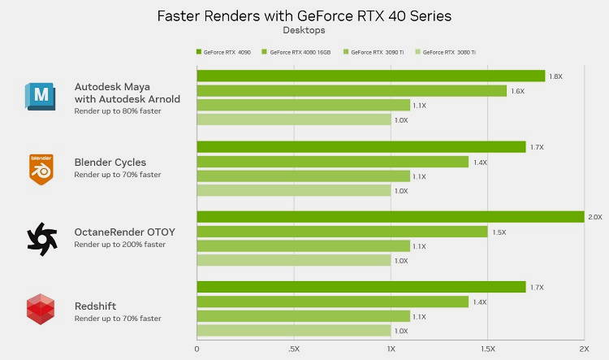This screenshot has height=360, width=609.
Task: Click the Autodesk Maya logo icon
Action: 41,96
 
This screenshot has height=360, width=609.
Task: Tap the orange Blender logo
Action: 41,168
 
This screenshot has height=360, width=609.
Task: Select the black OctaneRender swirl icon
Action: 42,238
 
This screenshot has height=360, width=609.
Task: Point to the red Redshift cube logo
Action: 41,310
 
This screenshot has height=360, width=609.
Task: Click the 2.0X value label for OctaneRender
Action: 595,217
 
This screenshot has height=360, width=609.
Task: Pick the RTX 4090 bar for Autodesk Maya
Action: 370,76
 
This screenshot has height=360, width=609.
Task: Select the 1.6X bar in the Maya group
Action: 351,91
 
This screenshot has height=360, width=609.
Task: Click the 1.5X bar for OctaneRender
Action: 342,232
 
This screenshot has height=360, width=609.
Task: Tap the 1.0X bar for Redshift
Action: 293,331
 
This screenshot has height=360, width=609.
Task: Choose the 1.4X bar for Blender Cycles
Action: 332,162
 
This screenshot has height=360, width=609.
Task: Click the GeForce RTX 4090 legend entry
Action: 224,52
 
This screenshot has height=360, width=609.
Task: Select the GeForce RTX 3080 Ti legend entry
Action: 447,52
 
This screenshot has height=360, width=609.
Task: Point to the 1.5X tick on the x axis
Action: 486,349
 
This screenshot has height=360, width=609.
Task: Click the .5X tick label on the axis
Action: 294,349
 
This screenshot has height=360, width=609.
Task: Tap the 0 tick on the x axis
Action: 197,349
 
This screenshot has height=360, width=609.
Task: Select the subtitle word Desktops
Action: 304,30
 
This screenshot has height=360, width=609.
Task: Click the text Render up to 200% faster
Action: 119,245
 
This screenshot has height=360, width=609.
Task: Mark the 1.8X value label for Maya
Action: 556,76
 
